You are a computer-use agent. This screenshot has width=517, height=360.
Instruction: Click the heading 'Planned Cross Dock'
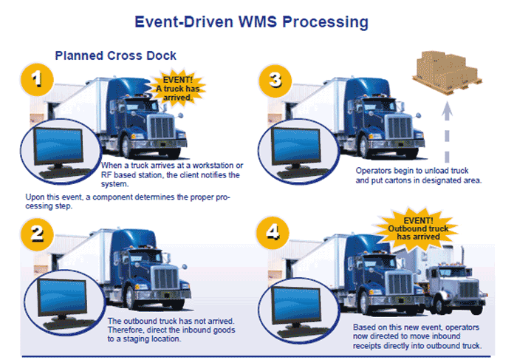click(x=116, y=55)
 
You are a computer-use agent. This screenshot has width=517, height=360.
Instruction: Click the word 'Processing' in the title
click(x=319, y=22)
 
